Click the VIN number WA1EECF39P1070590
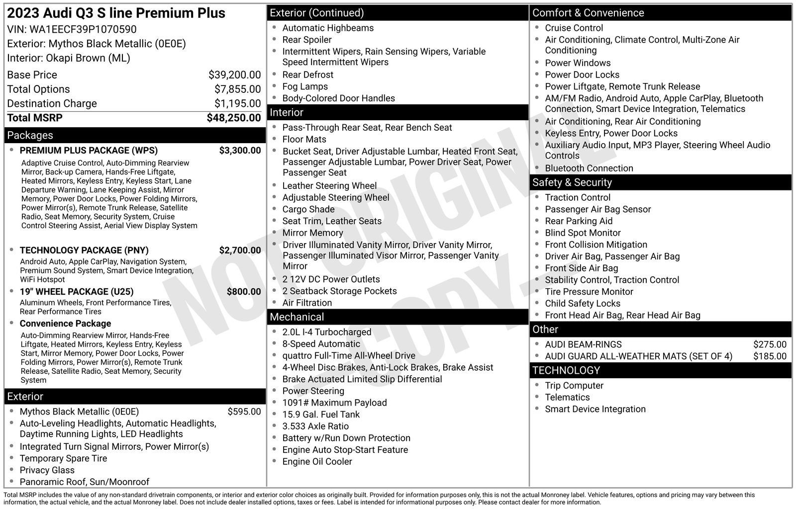[83, 29]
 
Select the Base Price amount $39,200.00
[234, 75]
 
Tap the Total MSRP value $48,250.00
[233, 118]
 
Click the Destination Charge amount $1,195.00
[237, 103]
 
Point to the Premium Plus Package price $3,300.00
[240, 151]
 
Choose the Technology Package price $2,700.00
[240, 251]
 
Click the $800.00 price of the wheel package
[243, 292]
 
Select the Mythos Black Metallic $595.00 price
[244, 412]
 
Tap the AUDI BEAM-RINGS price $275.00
[770, 344]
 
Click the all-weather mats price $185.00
[770, 356]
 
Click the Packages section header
[30, 135]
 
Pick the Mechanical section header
[297, 317]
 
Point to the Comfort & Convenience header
[588, 13]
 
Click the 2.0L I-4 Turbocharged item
[326, 332]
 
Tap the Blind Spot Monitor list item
[583, 233]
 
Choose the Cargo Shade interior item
[308, 209]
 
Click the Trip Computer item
[574, 386]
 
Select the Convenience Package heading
[65, 324]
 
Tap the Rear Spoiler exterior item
[306, 40]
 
